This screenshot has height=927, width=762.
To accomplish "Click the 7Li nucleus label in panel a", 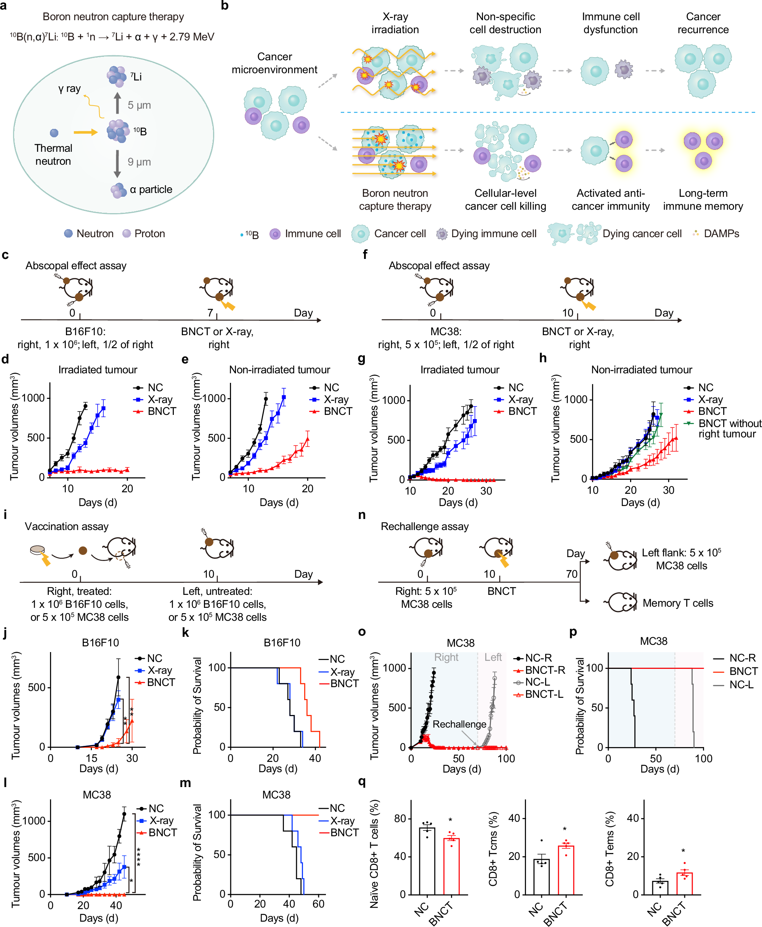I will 136,77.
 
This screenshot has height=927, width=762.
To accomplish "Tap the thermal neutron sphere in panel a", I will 54,133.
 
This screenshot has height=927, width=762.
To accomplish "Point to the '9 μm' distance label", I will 139,162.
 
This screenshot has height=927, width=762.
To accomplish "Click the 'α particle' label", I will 151,190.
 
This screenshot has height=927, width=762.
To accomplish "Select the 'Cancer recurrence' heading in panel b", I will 703,23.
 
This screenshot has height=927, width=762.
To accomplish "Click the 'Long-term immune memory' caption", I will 703,200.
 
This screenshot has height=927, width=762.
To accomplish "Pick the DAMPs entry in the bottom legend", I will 721,234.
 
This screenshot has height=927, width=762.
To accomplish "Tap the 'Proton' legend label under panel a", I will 150,234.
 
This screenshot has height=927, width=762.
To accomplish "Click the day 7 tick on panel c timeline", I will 217,316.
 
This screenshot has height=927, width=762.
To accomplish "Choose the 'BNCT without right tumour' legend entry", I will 729,428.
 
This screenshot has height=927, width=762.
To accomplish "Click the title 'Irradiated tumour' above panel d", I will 98,370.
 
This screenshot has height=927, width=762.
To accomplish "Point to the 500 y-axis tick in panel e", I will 217,438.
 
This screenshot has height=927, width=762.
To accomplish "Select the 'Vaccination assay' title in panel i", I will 67,527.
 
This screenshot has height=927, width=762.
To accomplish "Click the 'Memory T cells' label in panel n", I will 678,603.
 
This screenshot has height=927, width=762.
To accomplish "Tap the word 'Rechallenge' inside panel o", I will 459,724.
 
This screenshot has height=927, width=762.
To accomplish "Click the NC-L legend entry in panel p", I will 741,684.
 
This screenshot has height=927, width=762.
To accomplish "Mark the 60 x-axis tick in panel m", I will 318,904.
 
